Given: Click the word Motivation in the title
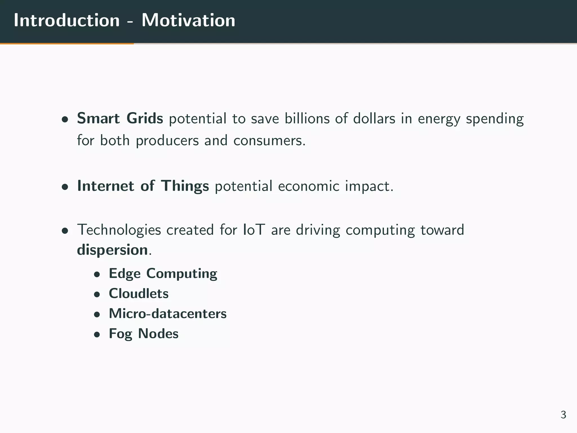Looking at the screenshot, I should [x=188, y=20].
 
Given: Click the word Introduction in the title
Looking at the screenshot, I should [x=67, y=20].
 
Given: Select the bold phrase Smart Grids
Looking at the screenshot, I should [x=120, y=118].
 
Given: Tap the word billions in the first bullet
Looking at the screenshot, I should [x=307, y=118].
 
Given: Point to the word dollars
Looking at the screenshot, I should [x=374, y=118].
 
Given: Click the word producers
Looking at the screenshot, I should [x=167, y=140].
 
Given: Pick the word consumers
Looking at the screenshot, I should [x=269, y=140].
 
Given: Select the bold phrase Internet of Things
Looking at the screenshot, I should [x=143, y=186].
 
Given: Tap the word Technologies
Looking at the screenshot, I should [x=119, y=230].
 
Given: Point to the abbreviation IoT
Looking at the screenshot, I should [x=254, y=230].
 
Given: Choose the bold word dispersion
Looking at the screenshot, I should [x=112, y=250].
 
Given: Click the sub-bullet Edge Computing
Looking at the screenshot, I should [x=163, y=273].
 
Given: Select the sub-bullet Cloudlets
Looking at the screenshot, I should [x=139, y=293].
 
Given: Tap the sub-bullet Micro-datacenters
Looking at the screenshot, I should [x=168, y=313].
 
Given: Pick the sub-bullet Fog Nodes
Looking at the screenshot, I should [x=144, y=334].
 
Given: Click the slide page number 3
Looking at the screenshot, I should [x=563, y=415].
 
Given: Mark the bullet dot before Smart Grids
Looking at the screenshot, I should [x=65, y=120].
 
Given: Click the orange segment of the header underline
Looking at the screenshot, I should [x=67, y=44].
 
